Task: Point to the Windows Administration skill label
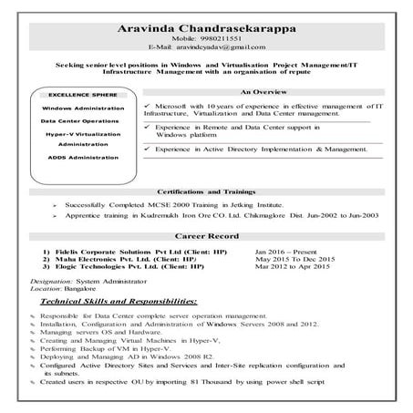82,108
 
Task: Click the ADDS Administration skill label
82,157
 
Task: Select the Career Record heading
207,236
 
